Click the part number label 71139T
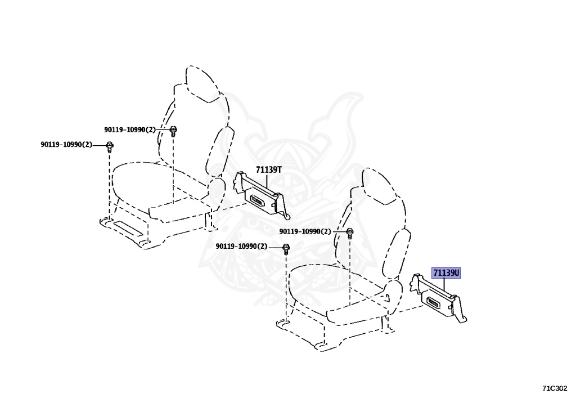click(268, 169)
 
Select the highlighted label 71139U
click(446, 274)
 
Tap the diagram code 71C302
click(555, 388)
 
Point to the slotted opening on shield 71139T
click(258, 199)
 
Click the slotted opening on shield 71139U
click(436, 305)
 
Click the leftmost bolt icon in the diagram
click(110, 146)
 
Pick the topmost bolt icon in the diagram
click(174, 131)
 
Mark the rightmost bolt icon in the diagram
click(349, 232)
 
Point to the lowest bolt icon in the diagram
click(286, 248)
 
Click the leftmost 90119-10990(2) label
click(66, 145)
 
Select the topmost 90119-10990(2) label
click(129, 129)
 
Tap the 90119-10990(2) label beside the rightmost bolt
click(305, 231)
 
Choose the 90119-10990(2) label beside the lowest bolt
click(241, 247)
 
